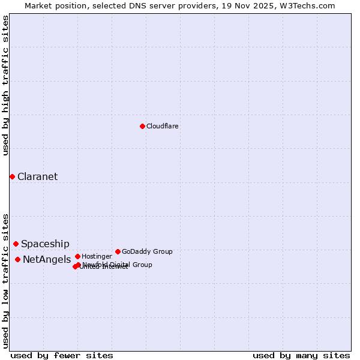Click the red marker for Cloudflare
(142, 126)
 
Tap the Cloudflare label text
(162, 127)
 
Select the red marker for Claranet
(12, 176)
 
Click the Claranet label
(37, 176)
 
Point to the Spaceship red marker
(16, 244)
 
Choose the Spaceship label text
(45, 244)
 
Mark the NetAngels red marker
(17, 259)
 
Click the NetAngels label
(47, 260)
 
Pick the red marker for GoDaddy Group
(118, 251)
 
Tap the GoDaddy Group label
(147, 252)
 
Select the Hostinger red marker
(77, 256)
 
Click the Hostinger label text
(97, 257)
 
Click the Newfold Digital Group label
(118, 265)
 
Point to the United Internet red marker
(75, 266)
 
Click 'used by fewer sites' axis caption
(62, 355)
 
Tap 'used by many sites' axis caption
(301, 355)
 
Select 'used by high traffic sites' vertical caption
(6, 86)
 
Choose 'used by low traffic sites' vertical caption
(6, 281)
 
